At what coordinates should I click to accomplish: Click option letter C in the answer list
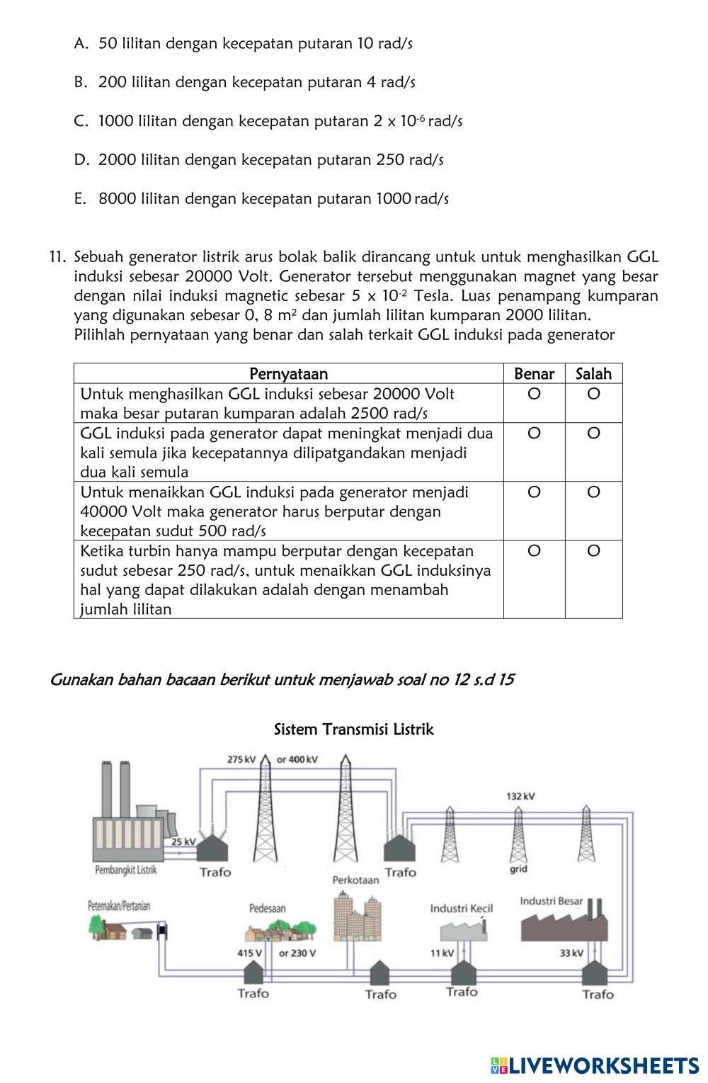(80, 121)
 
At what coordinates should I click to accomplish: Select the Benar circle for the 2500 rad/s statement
(534, 394)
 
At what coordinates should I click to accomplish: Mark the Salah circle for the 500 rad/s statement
(593, 492)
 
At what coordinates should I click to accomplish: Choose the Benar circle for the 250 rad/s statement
(534, 550)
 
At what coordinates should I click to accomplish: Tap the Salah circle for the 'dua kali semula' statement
(593, 433)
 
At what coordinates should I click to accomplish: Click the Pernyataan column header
(288, 374)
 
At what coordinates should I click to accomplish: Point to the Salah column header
(593, 374)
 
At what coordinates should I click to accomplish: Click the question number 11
(57, 256)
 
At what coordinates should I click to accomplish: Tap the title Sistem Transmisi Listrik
(353, 730)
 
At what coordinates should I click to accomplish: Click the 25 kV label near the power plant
(183, 841)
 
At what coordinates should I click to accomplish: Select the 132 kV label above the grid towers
(520, 796)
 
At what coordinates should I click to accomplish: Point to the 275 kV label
(241, 759)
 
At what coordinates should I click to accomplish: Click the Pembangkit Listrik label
(126, 871)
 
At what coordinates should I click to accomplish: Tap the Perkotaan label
(355, 880)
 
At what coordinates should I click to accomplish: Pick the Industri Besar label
(552, 901)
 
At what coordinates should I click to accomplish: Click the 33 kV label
(571, 953)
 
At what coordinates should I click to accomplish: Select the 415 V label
(249, 953)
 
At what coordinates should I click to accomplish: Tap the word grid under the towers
(518, 869)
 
